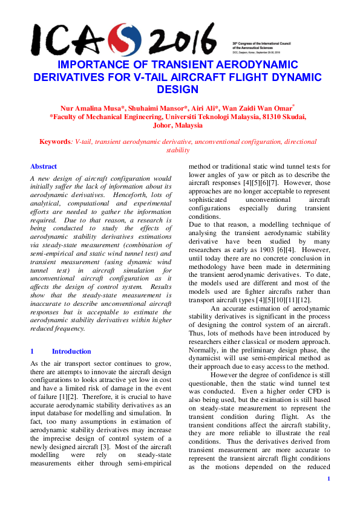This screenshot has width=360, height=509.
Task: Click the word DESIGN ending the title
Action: tap(177, 89)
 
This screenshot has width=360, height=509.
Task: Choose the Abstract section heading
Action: tap(44, 166)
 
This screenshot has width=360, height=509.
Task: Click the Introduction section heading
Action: tap(71, 351)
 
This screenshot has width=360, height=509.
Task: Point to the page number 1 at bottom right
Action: tap(328, 479)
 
